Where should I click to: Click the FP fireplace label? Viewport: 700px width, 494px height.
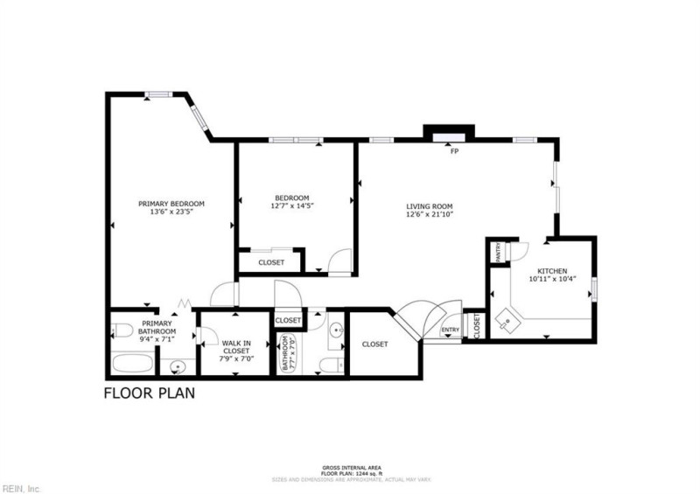tap(454, 151)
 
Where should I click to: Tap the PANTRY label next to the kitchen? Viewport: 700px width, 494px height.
tap(498, 253)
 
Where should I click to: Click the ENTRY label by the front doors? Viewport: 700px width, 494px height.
tap(451, 330)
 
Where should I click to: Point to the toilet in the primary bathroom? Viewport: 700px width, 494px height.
tap(122, 330)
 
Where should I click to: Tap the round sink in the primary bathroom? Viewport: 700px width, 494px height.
tap(178, 366)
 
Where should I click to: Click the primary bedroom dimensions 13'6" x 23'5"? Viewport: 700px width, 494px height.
tap(171, 211)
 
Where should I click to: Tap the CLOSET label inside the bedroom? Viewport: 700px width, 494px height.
tap(271, 262)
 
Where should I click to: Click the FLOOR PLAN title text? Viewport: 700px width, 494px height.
tap(150, 393)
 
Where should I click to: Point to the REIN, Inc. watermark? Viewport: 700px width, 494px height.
tap(22, 488)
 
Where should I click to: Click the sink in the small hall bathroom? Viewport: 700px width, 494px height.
tap(336, 330)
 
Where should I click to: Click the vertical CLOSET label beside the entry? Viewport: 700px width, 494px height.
tap(477, 325)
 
